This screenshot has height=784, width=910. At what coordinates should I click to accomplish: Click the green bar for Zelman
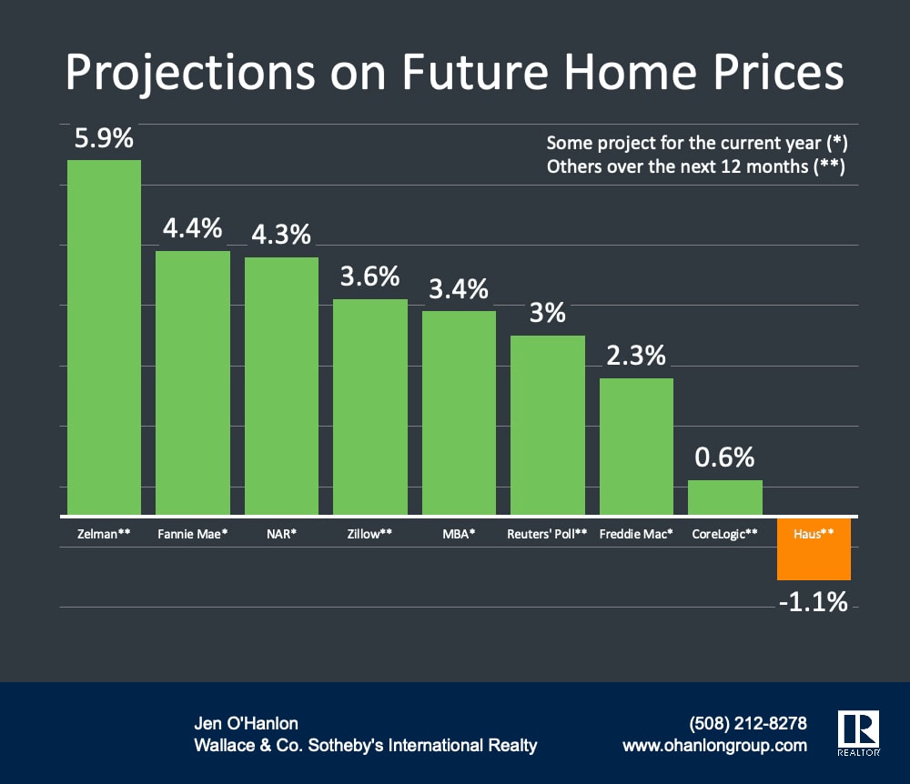(104, 337)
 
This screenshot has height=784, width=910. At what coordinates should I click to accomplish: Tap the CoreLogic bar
(724, 498)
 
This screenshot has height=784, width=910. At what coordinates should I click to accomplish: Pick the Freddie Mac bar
(636, 446)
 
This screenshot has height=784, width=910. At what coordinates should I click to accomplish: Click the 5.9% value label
(104, 139)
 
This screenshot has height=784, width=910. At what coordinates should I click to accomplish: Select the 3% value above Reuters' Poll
(548, 314)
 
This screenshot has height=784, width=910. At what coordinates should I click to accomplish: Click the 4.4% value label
(193, 228)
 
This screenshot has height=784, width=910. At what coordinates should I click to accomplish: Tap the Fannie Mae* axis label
(192, 534)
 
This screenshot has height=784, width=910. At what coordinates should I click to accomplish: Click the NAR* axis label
(281, 534)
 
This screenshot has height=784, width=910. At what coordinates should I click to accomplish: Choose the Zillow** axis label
(369, 534)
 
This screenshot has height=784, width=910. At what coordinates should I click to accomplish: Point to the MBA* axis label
(459, 534)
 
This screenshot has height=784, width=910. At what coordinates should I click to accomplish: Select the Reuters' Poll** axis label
(547, 534)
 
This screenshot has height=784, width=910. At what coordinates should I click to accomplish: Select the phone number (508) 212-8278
(749, 724)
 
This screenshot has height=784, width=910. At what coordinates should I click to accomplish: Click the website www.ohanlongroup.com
(714, 746)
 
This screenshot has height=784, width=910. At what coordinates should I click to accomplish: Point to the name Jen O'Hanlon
(246, 724)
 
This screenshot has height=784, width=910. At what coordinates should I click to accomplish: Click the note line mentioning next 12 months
(697, 167)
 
